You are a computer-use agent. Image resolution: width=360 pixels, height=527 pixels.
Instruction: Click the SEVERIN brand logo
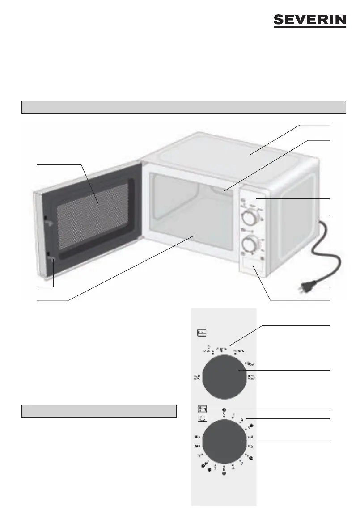click(x=310, y=21)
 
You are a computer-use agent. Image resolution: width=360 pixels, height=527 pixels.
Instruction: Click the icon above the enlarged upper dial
click(x=202, y=333)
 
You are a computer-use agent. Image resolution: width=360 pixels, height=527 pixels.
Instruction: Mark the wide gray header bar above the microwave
click(x=184, y=107)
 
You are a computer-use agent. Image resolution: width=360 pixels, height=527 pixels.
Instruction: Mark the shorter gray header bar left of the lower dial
click(x=99, y=411)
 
